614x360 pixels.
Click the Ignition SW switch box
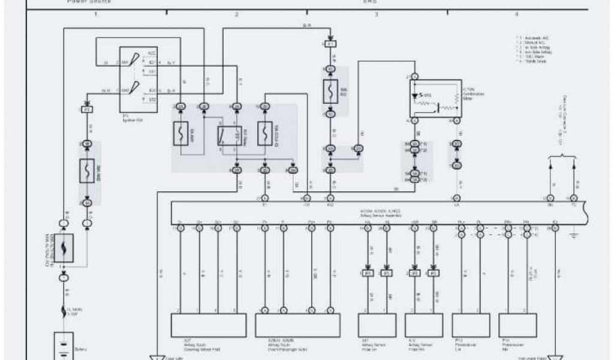click(x=139, y=79)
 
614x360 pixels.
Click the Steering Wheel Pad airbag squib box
click(x=208, y=324)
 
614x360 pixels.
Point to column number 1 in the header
click(x=95, y=14)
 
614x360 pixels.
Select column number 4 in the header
click(x=516, y=14)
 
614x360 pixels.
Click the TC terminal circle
click(x=574, y=198)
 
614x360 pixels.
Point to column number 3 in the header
click(x=377, y=14)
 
